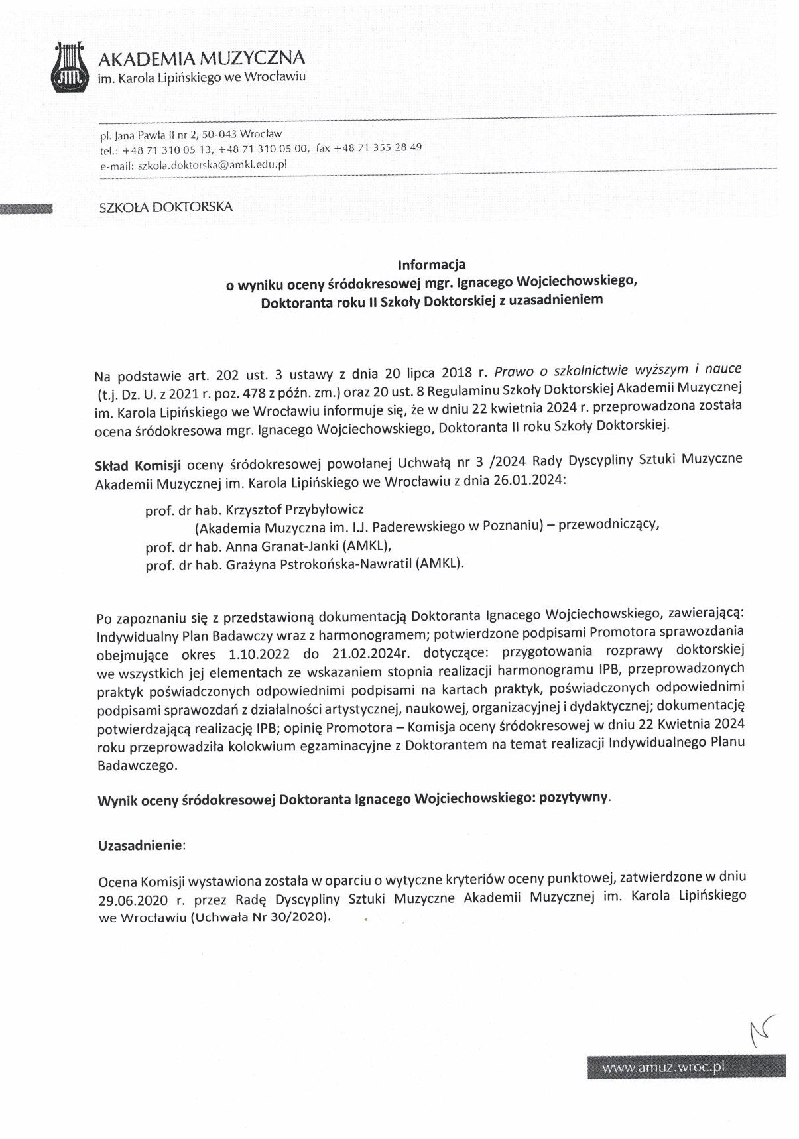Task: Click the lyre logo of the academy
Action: point(70,69)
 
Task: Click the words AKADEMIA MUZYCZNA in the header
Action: point(202,58)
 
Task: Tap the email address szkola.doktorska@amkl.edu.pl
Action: point(212,165)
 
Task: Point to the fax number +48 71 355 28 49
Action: point(378,148)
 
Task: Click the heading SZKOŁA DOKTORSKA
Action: point(166,207)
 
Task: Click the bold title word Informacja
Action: point(431,265)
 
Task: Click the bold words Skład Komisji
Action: point(138,465)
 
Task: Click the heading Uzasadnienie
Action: point(141,846)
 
